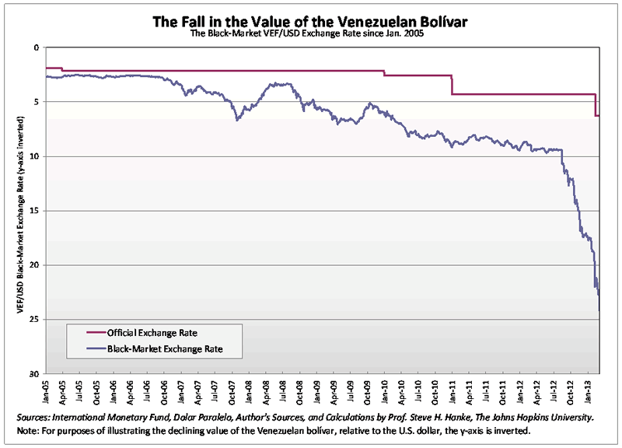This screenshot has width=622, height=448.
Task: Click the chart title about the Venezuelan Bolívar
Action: (x=311, y=19)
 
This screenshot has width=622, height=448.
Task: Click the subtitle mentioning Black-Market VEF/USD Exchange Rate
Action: (x=311, y=33)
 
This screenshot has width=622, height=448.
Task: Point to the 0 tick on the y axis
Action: (x=36, y=47)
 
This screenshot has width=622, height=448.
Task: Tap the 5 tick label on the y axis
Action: (x=36, y=102)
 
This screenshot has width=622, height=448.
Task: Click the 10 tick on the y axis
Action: (x=34, y=156)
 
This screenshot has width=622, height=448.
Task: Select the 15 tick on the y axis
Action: (x=34, y=211)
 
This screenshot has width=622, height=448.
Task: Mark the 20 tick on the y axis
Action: (x=34, y=265)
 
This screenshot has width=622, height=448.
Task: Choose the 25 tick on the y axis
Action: (x=34, y=320)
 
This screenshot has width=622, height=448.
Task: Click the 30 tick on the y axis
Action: (x=34, y=374)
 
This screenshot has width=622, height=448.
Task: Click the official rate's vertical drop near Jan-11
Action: (x=452, y=85)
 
